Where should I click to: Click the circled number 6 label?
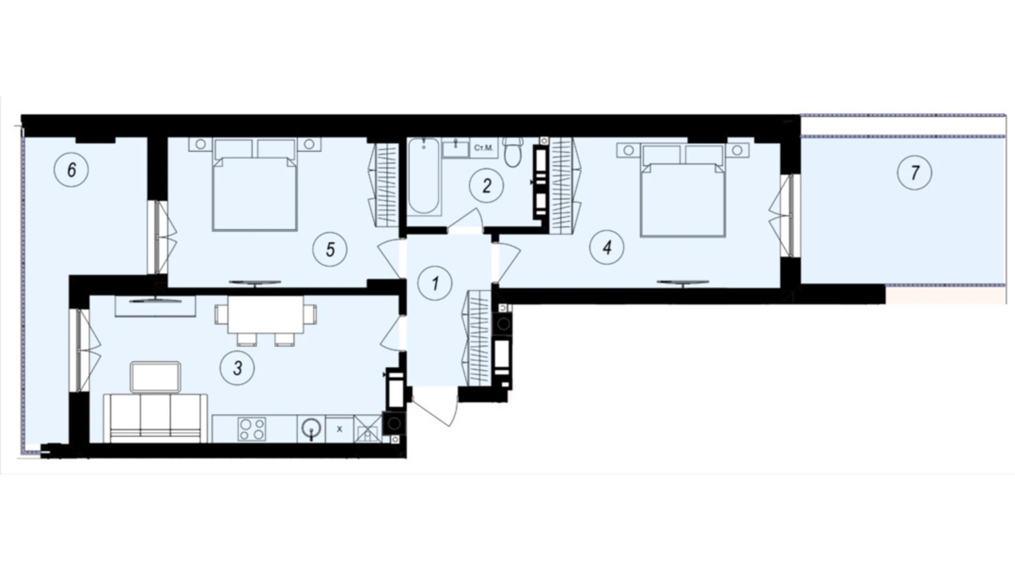click(x=71, y=170)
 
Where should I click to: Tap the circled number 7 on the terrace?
click(x=914, y=173)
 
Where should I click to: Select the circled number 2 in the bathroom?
click(x=486, y=186)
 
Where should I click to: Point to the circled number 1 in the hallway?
click(x=435, y=284)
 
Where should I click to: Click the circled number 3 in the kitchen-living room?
click(x=237, y=368)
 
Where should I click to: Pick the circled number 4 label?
click(x=607, y=248)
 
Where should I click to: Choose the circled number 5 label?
click(x=330, y=250)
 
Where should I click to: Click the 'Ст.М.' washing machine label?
click(x=483, y=148)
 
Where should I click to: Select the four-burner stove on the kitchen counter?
click(x=252, y=429)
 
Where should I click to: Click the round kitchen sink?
click(x=311, y=428)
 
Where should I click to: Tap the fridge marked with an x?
click(x=339, y=429)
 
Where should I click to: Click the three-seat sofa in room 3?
click(x=156, y=417)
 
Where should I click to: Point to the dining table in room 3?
click(x=266, y=315)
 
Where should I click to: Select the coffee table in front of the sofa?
click(x=155, y=377)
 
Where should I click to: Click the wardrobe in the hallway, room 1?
click(x=477, y=338)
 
